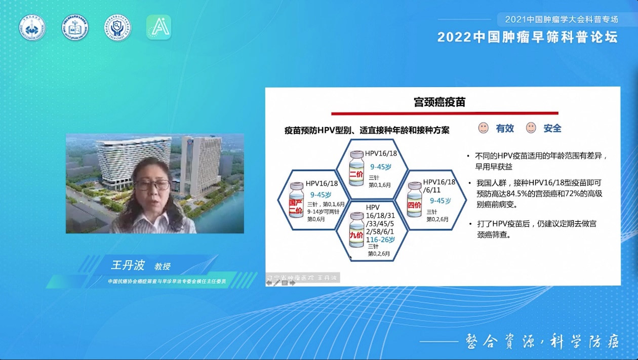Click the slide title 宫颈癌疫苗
pyautogui.click(x=440, y=102)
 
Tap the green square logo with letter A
pyautogui.click(x=158, y=27)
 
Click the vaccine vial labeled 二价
pyautogui.click(x=357, y=168)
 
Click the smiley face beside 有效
pyautogui.click(x=484, y=128)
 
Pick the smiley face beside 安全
pyautogui.click(x=531, y=128)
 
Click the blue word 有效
pyautogui.click(x=505, y=129)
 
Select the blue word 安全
pyautogui.click(x=552, y=129)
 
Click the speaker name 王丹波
pyautogui.click(x=128, y=265)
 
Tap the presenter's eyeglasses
pyautogui.click(x=152, y=185)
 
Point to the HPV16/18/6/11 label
pyautogui.click(x=439, y=185)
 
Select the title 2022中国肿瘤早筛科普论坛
pyautogui.click(x=528, y=37)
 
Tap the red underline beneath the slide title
pyautogui.click(x=445, y=113)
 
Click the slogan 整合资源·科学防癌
pyautogui.click(x=542, y=341)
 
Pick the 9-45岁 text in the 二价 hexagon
pyautogui.click(x=381, y=166)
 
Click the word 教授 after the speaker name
pyautogui.click(x=163, y=266)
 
